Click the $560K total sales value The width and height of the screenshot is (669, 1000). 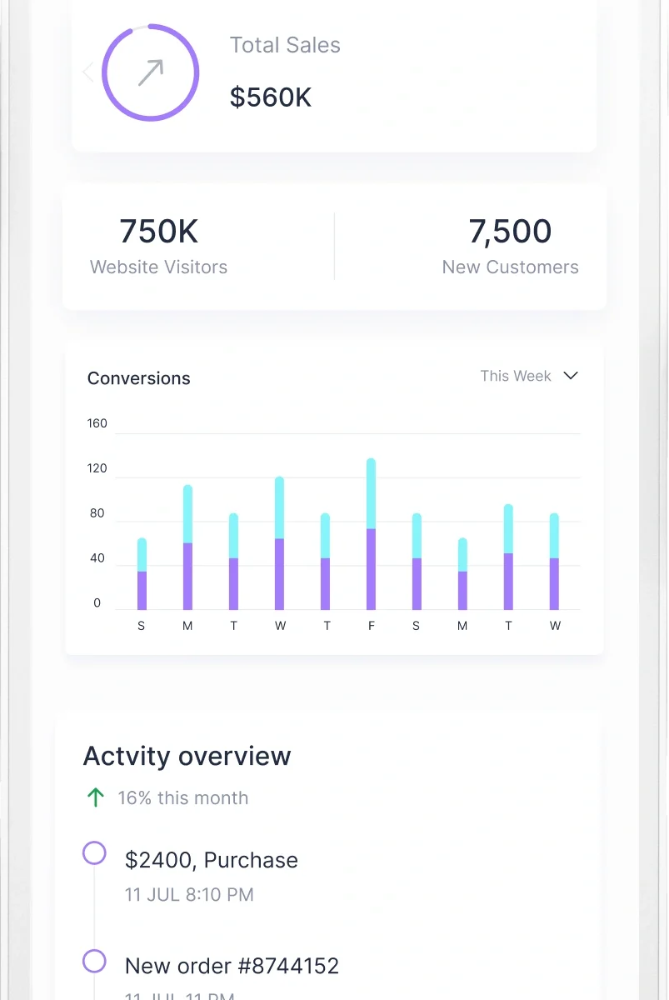(271, 97)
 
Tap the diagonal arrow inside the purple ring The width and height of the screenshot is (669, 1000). (151, 72)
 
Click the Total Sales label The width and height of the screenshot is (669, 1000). (285, 45)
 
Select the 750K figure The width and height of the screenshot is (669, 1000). (158, 232)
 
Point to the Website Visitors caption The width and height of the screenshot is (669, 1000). (158, 267)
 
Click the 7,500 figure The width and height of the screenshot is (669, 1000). (510, 232)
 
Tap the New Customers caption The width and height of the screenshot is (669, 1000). (510, 267)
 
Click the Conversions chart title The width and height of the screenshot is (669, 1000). (139, 378)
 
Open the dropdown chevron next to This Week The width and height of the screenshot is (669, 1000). (571, 376)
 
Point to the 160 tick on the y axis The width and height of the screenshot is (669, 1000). (97, 423)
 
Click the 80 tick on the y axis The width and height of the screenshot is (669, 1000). (97, 513)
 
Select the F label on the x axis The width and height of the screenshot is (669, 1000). (372, 626)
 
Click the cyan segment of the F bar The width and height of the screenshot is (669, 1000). (372, 493)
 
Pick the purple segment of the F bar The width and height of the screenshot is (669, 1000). (372, 569)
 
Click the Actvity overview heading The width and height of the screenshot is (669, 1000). (187, 757)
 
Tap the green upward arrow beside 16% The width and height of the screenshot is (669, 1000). (96, 797)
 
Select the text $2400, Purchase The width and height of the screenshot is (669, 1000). (212, 860)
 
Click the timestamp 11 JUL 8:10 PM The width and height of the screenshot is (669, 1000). (189, 895)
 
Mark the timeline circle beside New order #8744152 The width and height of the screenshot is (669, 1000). (95, 962)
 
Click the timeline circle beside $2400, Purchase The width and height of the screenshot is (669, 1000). (95, 853)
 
